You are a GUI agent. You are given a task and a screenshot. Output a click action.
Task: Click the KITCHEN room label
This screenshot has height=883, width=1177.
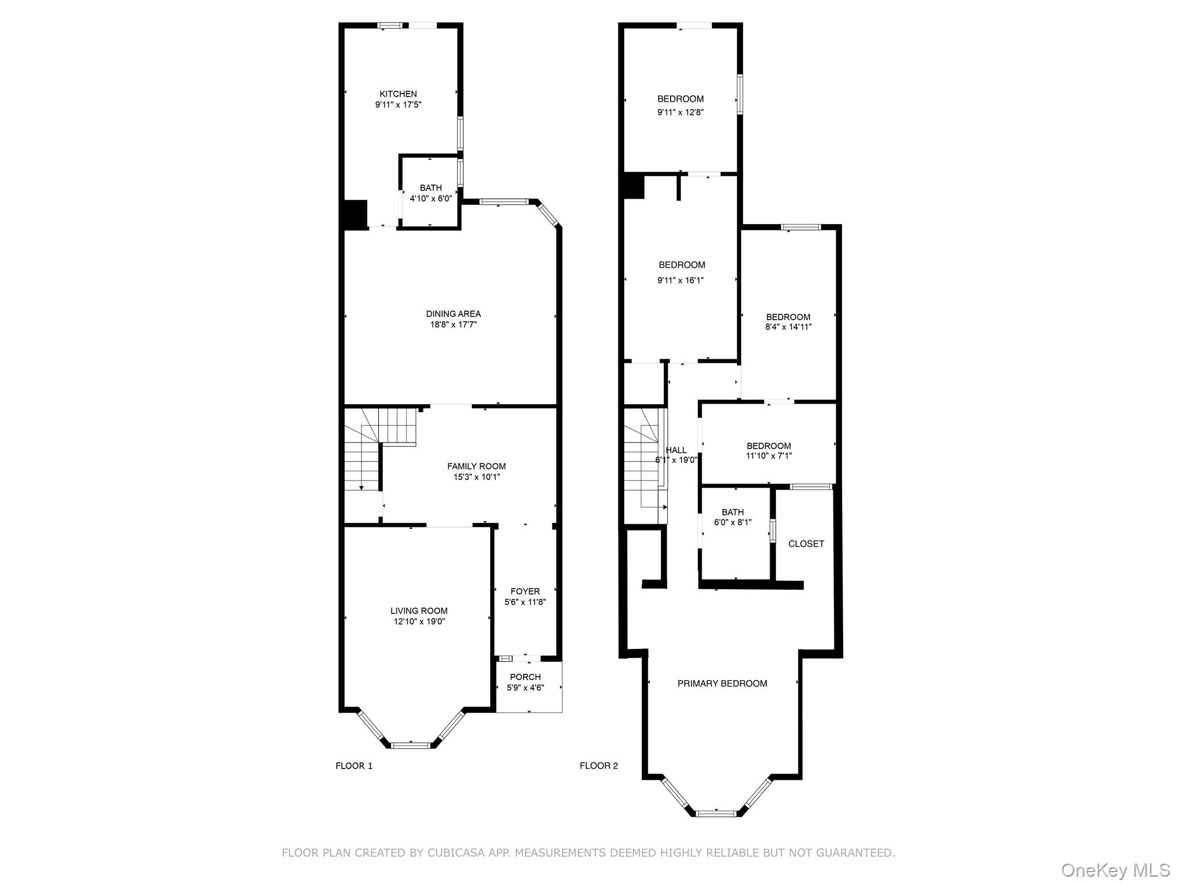click(398, 94)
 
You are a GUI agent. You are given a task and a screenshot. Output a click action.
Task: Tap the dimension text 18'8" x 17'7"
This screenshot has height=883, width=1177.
click(453, 325)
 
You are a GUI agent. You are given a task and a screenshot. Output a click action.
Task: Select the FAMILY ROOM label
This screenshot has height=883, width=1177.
click(476, 466)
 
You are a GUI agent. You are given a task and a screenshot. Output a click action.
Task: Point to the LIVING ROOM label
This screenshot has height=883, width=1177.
click(418, 611)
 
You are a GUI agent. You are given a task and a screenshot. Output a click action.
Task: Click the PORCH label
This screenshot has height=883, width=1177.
click(525, 677)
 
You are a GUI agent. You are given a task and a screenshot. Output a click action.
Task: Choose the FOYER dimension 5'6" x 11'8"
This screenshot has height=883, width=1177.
click(525, 602)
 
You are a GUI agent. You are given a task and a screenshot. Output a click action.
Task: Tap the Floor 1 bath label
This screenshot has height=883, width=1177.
click(430, 188)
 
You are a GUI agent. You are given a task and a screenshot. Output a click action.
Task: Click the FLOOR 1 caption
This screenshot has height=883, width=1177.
click(354, 766)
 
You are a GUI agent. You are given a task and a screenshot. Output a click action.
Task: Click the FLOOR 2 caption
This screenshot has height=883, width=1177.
click(598, 766)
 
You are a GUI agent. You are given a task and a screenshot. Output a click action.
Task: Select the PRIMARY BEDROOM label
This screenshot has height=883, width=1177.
click(722, 684)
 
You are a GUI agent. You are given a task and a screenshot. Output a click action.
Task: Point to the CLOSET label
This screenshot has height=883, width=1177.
click(806, 544)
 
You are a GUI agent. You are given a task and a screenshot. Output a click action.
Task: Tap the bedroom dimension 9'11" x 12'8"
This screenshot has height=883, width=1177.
click(680, 113)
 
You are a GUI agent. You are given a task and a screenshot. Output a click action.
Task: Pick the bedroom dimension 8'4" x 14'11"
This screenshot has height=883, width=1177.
click(788, 327)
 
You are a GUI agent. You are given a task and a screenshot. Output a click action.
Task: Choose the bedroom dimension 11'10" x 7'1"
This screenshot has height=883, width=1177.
click(768, 456)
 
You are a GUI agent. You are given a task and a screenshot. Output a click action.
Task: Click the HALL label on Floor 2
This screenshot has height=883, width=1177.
click(676, 450)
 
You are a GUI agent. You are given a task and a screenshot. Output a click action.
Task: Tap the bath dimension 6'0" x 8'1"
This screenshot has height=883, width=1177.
click(732, 523)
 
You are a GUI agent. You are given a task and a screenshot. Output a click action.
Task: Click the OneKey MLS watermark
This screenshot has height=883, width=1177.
click(1115, 870)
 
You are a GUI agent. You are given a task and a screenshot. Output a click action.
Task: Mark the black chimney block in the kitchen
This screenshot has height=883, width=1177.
click(356, 214)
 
